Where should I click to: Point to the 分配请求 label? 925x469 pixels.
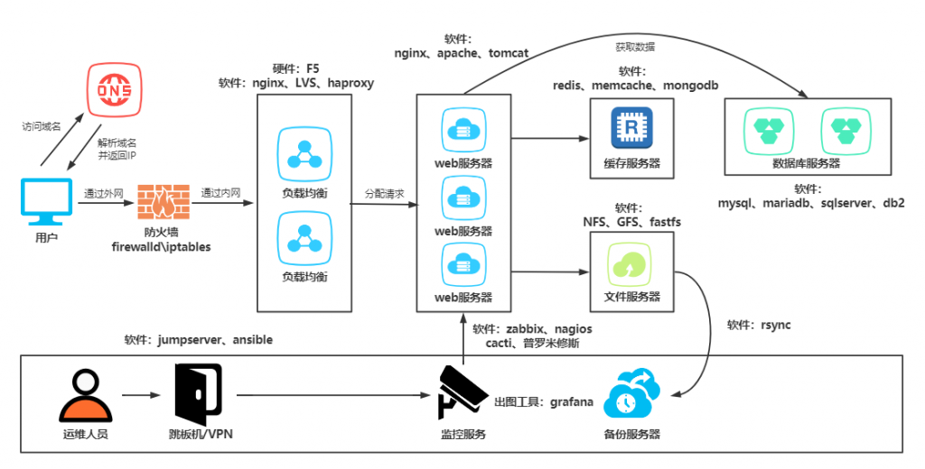pyautogui.click(x=384, y=193)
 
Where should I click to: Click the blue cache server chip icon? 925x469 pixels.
pyautogui.click(x=631, y=128)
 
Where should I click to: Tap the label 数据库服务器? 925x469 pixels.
pyautogui.click(x=807, y=163)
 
